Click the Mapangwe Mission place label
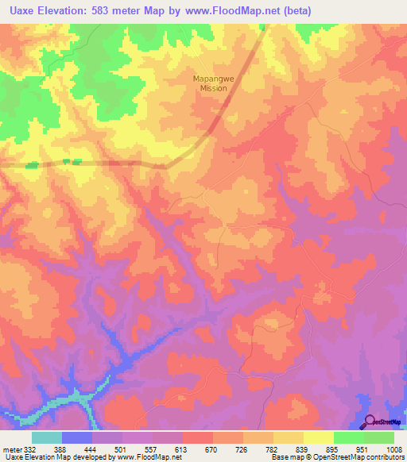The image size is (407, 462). (211, 83)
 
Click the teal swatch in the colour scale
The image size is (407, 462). (47, 437)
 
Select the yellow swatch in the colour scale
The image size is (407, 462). (318, 437)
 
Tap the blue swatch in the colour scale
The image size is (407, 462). (77, 437)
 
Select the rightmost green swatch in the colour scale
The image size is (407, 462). (379, 437)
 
